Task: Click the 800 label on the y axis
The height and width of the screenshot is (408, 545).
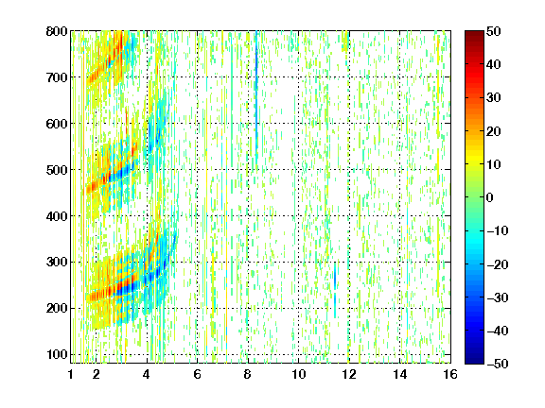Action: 57,31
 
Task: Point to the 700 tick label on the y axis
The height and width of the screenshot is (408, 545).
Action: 57,77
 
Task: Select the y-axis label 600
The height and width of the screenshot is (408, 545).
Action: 57,124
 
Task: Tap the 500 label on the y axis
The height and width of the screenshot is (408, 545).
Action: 57,170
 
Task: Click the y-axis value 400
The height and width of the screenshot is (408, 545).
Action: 57,216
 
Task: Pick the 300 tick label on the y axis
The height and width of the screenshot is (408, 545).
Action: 57,263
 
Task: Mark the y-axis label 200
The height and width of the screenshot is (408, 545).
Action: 57,309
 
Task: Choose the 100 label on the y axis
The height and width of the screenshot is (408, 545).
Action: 57,354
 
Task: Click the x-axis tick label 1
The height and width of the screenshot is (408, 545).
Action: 71,374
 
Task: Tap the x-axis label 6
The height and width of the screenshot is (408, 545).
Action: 197,374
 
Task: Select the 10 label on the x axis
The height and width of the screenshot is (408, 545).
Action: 299,374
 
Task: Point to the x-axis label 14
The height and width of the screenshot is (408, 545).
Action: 400,374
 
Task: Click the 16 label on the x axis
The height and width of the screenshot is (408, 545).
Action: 450,374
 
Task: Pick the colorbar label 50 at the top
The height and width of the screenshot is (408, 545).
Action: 494,31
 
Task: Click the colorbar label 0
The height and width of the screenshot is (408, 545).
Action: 490,197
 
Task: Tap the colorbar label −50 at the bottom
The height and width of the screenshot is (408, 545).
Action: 498,364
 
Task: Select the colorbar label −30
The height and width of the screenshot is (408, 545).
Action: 498,297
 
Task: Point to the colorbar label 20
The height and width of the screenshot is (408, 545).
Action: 494,131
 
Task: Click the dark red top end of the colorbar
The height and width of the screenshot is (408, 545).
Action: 474,32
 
